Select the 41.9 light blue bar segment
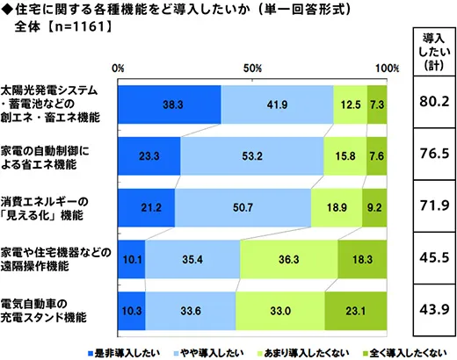[x=278, y=104]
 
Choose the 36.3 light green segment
[x=288, y=259]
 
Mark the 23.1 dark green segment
[x=356, y=310]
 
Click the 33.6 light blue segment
[x=191, y=310]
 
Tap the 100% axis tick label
[x=387, y=68]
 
